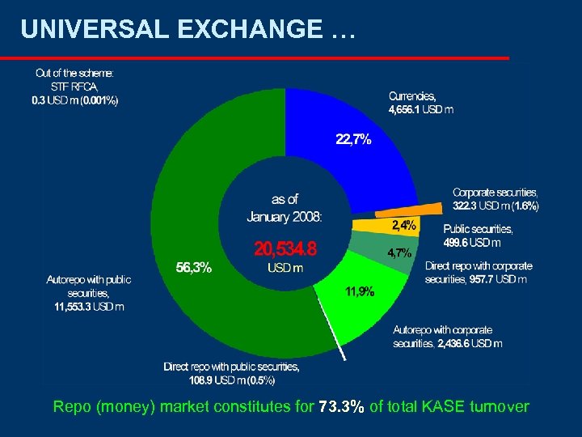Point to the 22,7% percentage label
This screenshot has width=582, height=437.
[x=353, y=139]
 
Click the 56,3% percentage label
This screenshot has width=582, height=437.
[x=194, y=268]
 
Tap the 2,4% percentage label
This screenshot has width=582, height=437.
[x=404, y=223]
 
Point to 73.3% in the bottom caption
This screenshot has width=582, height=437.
[x=341, y=406]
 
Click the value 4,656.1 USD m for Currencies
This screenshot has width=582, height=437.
[x=421, y=109]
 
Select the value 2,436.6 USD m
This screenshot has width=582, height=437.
[x=470, y=343]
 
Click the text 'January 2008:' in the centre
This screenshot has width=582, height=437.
[x=285, y=216]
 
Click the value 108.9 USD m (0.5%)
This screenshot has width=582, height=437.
[x=219, y=379]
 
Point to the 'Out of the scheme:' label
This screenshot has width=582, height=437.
[x=75, y=72]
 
